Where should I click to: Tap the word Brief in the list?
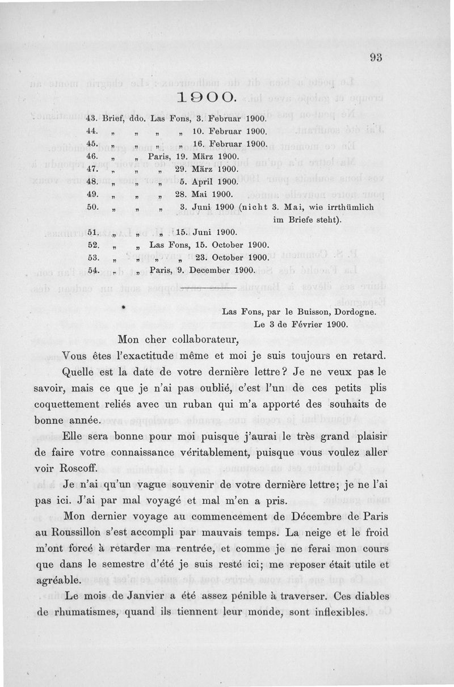(115, 120)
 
